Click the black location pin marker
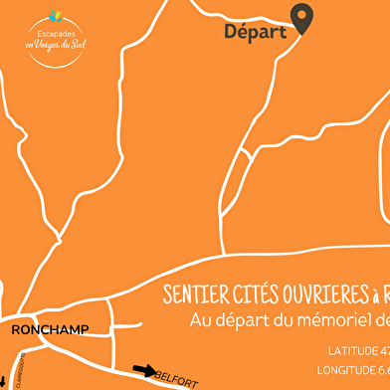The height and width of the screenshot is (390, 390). [301, 16]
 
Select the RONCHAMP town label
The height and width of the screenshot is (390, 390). [50, 329]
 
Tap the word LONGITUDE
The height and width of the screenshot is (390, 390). [348, 370]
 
